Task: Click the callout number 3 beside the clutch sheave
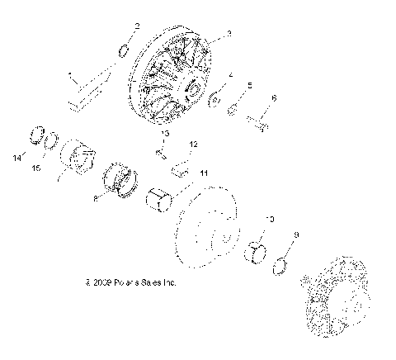pos(229,34)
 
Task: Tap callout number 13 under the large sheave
pos(165,133)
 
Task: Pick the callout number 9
pos(296,234)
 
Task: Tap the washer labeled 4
pos(214,98)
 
